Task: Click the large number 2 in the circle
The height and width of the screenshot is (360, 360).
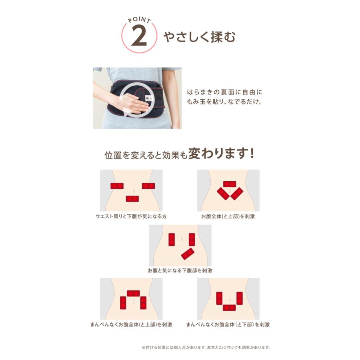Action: click(139, 37)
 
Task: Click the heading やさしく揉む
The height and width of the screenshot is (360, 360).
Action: click(199, 37)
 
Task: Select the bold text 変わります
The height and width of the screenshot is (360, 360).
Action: click(216, 154)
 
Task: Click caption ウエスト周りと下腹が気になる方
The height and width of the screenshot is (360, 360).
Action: click(131, 216)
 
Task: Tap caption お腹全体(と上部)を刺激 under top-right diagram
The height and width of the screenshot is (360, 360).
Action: click(228, 216)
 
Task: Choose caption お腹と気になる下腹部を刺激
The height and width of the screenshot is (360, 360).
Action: click(180, 270)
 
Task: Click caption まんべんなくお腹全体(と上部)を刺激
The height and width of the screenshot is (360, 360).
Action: click(131, 324)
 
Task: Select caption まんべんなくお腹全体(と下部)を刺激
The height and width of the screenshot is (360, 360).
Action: click(228, 324)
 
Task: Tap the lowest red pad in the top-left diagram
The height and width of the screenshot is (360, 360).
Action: click(132, 199)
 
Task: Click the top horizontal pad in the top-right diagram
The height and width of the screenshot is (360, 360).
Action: click(230, 184)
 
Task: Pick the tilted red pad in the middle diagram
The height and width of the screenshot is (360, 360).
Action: click(188, 254)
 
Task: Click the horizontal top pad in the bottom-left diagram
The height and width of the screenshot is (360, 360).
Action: click(133, 293)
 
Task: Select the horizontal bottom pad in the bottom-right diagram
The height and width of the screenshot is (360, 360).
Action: click(230, 308)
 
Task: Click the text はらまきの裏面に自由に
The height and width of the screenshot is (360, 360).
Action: click(224, 92)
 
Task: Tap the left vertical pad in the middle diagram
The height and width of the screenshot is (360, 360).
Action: click(172, 239)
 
